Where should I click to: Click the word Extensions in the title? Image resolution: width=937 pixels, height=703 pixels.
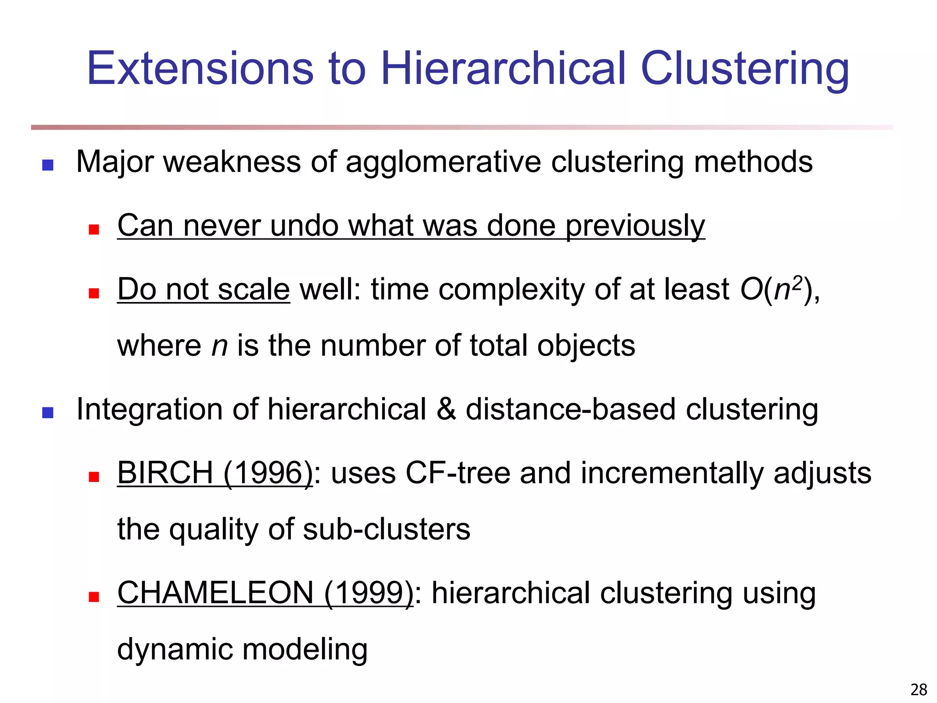[200, 69]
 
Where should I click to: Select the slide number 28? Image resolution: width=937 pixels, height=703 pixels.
[919, 689]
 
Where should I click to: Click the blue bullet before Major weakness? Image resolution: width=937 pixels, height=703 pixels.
[48, 165]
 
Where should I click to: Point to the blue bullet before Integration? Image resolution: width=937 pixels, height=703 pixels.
[48, 413]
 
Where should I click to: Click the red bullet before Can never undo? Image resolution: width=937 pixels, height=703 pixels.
[94, 229]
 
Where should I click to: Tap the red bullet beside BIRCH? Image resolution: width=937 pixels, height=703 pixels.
[94, 477]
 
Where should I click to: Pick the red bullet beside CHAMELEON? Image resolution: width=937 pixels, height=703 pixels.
[94, 597]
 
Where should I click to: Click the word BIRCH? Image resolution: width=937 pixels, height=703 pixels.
[165, 473]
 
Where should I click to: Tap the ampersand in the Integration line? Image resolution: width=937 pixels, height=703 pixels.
[446, 409]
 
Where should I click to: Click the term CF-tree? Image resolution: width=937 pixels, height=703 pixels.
[458, 473]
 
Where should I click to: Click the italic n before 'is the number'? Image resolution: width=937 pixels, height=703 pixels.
[219, 346]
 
